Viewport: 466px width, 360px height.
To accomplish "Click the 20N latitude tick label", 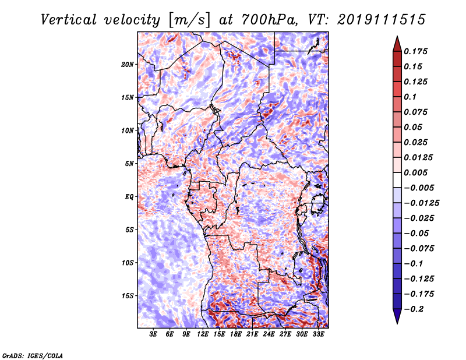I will click(x=128, y=64).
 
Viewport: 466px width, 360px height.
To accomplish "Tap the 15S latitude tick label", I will click(x=128, y=295).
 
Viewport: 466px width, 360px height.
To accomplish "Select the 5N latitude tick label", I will click(x=129, y=163).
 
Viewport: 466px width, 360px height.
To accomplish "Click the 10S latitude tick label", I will click(x=128, y=262).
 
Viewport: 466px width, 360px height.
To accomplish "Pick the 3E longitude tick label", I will click(x=154, y=334).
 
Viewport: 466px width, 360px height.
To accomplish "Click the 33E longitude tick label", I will click(x=319, y=334).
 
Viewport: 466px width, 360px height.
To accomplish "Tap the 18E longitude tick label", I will click(x=236, y=334).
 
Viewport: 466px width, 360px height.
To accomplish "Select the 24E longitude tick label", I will click(x=269, y=334).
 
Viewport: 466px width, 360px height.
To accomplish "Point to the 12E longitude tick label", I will click(x=203, y=334).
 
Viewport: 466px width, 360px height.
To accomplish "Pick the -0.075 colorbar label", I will click(x=422, y=248).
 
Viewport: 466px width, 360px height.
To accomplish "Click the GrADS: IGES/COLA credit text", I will click(x=33, y=354).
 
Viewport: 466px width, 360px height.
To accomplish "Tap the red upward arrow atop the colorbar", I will click(x=397, y=43).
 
